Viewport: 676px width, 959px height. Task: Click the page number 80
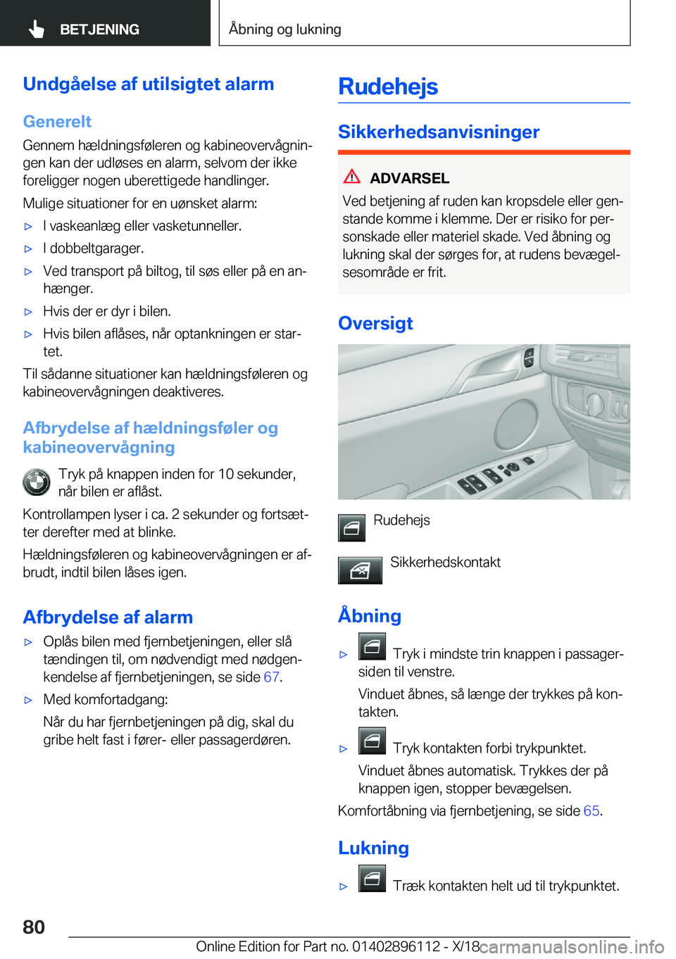click(x=34, y=927)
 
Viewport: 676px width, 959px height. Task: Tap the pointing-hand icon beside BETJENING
click(x=37, y=30)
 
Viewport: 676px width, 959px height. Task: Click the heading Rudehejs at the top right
click(x=388, y=87)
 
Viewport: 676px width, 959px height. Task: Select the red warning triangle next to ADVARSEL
click(x=352, y=177)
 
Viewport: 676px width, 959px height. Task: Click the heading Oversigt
click(x=375, y=323)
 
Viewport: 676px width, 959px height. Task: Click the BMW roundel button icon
click(x=37, y=483)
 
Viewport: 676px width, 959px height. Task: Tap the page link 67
click(x=271, y=677)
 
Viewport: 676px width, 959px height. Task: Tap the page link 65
click(x=591, y=811)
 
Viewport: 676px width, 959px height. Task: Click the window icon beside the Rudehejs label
click(x=351, y=527)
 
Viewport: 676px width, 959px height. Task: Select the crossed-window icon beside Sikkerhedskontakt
click(x=360, y=570)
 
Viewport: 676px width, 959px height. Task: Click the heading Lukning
click(x=373, y=848)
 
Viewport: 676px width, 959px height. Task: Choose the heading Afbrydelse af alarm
click(x=108, y=618)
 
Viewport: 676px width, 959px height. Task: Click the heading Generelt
click(x=57, y=121)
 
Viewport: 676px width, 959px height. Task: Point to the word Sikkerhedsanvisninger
click(x=439, y=132)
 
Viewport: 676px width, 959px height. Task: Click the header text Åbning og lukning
click(x=285, y=30)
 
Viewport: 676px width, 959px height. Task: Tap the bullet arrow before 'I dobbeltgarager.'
click(x=29, y=249)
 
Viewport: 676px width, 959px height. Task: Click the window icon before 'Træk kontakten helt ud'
click(x=372, y=879)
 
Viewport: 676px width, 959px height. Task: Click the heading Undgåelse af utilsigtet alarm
click(x=149, y=84)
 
